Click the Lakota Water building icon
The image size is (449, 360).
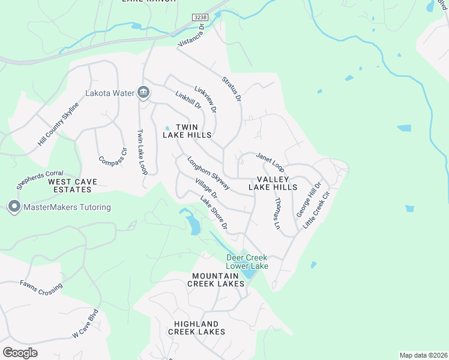pos(143,92)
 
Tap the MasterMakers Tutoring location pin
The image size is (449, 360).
pos(14,207)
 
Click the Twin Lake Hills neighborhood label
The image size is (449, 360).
pos(187,131)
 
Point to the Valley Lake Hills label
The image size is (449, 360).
pos(277,183)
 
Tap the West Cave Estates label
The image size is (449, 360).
pos(70,185)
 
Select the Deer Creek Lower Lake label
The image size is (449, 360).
pos(247,262)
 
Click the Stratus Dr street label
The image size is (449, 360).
pos(231,88)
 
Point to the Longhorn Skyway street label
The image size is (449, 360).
pos(208,173)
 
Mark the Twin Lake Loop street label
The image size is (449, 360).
pos(142,152)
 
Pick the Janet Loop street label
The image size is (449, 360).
pos(270,160)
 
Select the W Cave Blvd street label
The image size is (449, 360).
pos(85,323)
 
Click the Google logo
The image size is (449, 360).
pos(20,353)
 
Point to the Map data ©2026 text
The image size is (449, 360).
pos(423,355)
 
